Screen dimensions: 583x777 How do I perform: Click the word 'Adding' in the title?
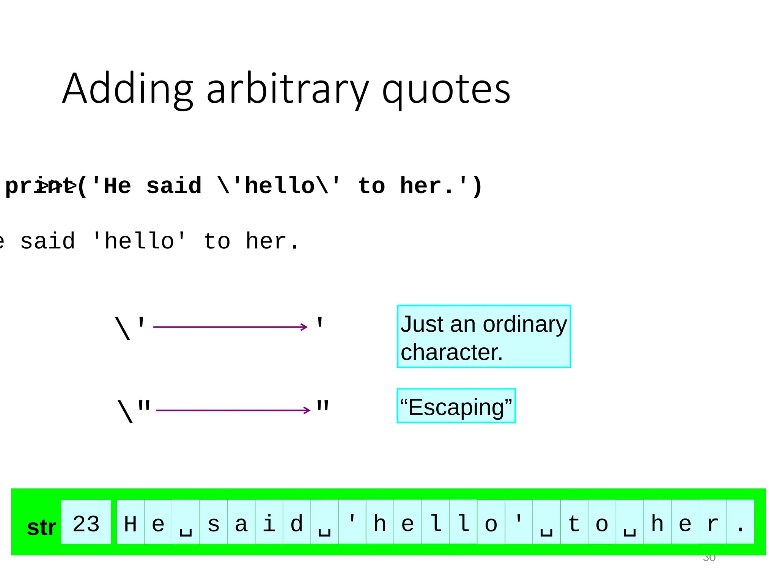pyautogui.click(x=128, y=90)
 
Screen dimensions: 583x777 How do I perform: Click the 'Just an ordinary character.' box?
pyautogui.click(x=484, y=337)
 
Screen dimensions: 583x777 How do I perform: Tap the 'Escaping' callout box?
pyautogui.click(x=456, y=406)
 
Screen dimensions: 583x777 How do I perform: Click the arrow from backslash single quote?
pyautogui.click(x=230, y=327)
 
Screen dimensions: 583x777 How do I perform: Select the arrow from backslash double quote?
pyautogui.click(x=233, y=410)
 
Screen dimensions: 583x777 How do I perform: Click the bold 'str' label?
pyautogui.click(x=41, y=527)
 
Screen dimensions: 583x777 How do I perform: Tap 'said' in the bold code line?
pyautogui.click(x=174, y=186)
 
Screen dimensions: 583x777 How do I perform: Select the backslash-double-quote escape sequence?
pyautogui.click(x=134, y=410)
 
